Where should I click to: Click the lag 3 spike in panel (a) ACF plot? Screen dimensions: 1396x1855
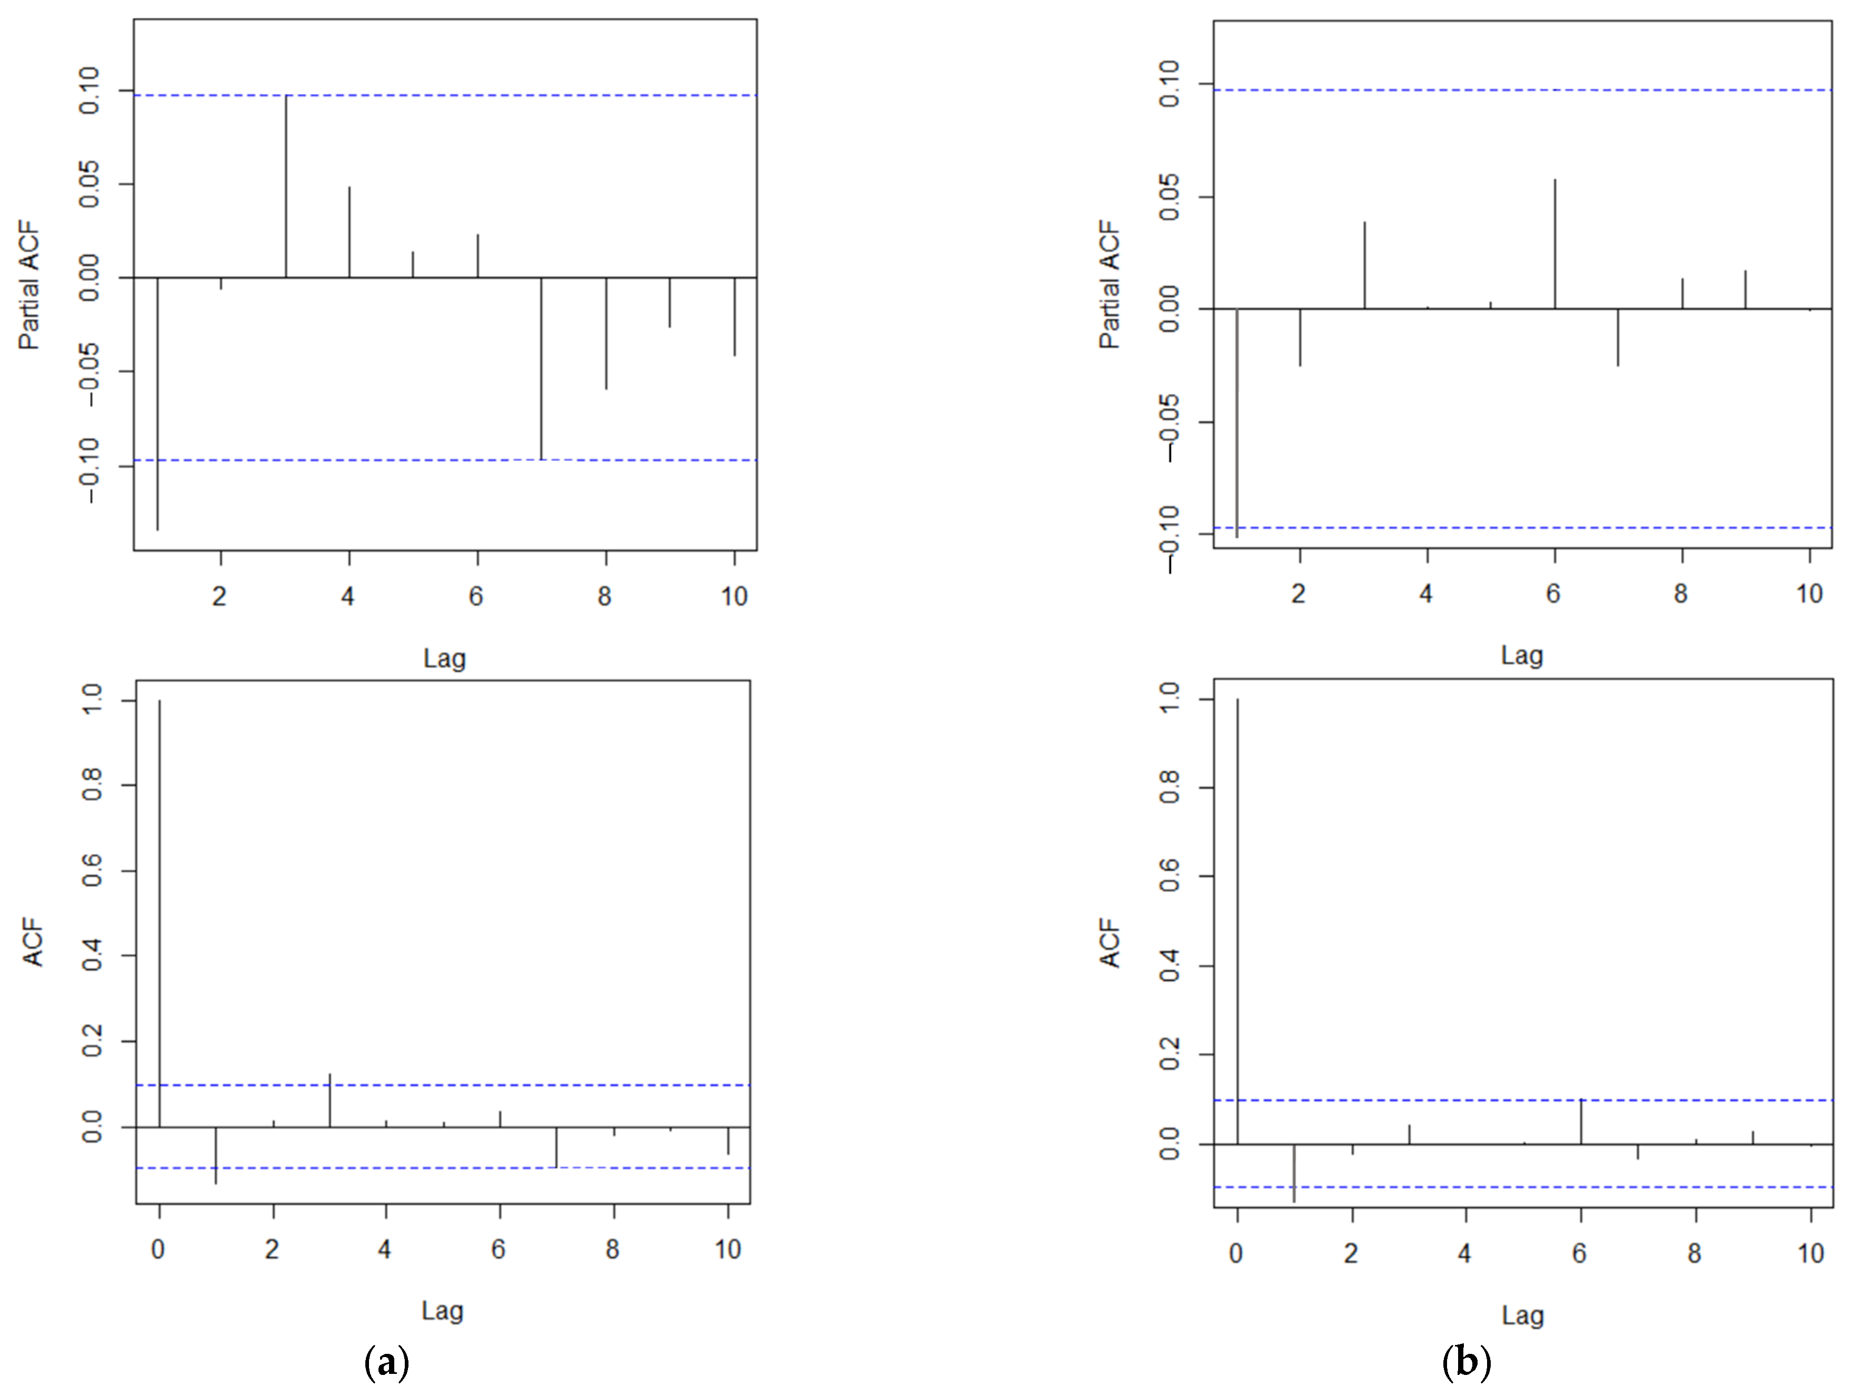click(330, 1100)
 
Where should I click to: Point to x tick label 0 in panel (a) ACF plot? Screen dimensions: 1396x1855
click(158, 1250)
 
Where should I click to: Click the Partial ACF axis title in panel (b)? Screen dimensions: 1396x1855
click(1110, 285)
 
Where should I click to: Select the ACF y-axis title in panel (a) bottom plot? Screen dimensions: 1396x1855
click(33, 942)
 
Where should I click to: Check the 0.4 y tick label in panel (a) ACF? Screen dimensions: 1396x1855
click(92, 956)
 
